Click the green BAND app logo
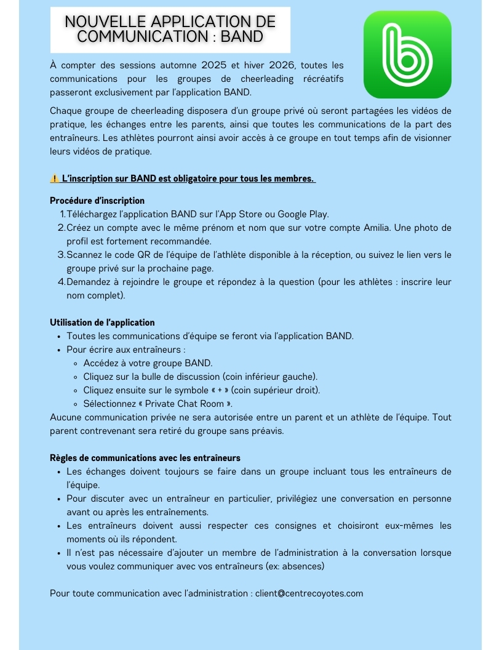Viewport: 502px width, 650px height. (x=407, y=55)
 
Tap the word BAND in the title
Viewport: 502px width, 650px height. (x=242, y=37)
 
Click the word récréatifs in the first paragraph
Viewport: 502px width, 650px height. (x=323, y=79)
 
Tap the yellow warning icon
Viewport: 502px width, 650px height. (x=54, y=179)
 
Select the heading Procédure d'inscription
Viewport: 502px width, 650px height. (x=97, y=201)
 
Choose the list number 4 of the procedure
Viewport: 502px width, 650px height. (x=62, y=282)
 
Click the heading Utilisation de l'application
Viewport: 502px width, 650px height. (x=102, y=323)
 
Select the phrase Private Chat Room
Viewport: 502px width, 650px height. (x=185, y=404)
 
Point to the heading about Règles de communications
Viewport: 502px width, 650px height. (x=145, y=458)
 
